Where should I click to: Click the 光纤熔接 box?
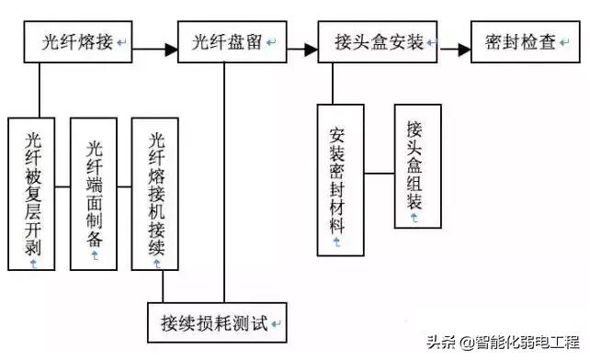(78, 43)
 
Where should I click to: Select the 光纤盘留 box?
(226, 43)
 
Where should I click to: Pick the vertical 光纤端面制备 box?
(94, 194)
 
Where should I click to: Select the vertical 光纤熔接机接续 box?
(156, 194)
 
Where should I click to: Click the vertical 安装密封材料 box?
(340, 179)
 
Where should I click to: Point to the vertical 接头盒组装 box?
(416, 165)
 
